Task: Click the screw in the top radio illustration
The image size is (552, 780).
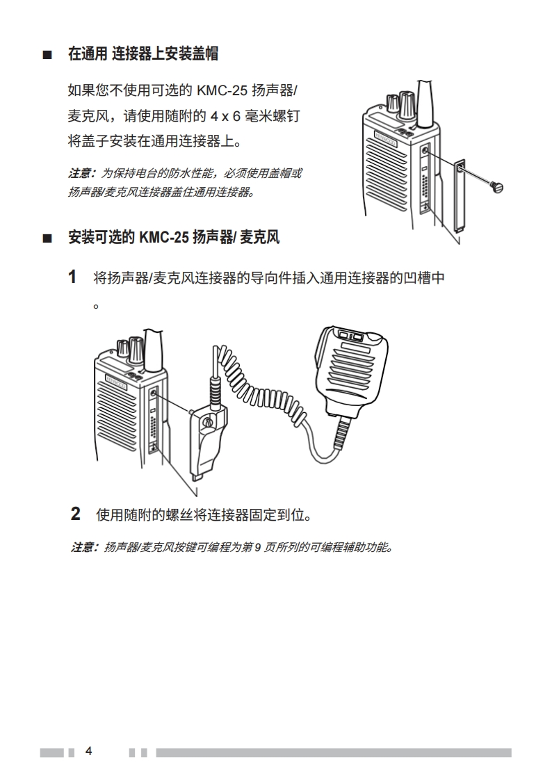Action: click(x=496, y=186)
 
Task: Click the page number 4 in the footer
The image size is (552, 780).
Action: click(x=88, y=751)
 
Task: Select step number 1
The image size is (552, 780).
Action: click(x=72, y=278)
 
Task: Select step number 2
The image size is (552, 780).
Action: click(x=76, y=514)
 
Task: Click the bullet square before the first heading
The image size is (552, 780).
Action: click(x=47, y=54)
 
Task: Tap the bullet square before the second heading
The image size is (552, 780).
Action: click(x=47, y=239)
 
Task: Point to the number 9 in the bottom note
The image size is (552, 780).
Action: click(x=257, y=548)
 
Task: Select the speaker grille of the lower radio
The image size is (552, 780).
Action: click(x=119, y=417)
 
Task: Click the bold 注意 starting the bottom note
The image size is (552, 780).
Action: click(x=83, y=548)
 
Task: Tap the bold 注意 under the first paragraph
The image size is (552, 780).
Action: click(x=80, y=173)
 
